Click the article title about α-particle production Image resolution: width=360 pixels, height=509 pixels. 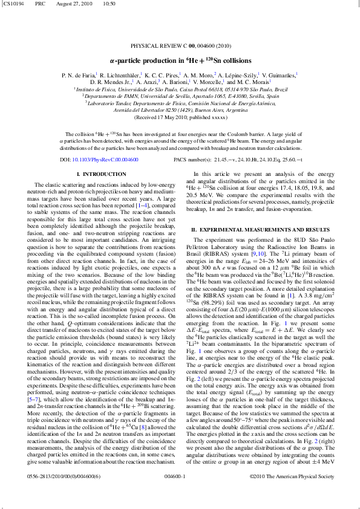180,60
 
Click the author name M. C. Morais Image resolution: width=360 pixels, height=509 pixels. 252,82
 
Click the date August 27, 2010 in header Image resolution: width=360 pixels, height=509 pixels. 71,4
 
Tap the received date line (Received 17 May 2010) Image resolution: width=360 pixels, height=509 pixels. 180,117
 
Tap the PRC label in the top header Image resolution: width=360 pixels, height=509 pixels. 40,4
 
